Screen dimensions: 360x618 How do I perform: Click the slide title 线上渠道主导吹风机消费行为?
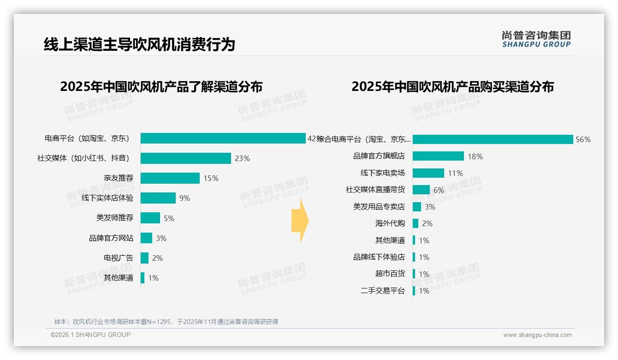(139, 44)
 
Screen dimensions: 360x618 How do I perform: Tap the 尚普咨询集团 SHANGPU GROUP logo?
(536, 39)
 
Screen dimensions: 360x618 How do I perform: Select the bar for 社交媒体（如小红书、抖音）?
(185, 158)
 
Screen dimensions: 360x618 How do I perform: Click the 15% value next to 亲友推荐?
(211, 178)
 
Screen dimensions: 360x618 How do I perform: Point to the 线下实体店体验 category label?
(107, 198)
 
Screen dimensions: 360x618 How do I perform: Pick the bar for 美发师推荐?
(150, 218)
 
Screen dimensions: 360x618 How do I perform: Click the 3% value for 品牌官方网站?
(161, 238)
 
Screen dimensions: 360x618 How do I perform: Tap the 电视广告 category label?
(118, 258)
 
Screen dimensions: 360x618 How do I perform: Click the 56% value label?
(583, 140)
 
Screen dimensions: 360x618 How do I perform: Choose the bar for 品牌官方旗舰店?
(438, 156)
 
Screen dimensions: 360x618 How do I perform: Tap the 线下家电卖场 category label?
(382, 173)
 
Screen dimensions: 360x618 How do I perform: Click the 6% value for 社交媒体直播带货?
(439, 190)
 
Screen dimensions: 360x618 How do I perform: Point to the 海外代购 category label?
(390, 223)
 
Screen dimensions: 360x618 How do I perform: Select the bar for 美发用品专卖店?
(417, 207)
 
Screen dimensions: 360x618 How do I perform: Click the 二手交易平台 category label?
(382, 291)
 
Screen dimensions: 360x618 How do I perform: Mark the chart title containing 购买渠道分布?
(452, 87)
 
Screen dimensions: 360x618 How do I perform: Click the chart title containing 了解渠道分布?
(161, 87)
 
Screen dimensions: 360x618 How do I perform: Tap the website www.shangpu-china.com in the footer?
(537, 335)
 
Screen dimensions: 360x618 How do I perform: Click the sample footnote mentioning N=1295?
(166, 322)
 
